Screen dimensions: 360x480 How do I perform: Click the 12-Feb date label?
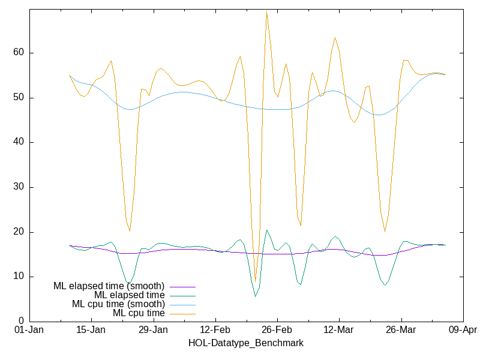tap(214, 330)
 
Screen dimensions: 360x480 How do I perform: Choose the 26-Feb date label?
tap(277, 330)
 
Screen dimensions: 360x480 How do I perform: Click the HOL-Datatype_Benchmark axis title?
tap(245, 343)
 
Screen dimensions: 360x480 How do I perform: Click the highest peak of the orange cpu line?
tap(266, 11)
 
